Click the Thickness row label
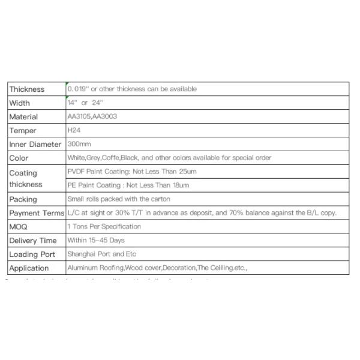point(27,89)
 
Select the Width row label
point(20,103)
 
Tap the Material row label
point(24,117)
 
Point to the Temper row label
point(23,131)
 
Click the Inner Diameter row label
point(35,145)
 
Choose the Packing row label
point(23,199)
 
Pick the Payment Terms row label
point(37,213)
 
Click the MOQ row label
point(18,227)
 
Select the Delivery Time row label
point(33,241)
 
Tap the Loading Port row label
point(32,254)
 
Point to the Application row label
point(29,268)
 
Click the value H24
point(74,130)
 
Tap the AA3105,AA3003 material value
point(92,116)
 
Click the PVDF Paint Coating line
point(132,172)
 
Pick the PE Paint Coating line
point(128,185)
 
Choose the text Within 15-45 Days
point(96,240)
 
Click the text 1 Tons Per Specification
point(104,226)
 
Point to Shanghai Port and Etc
point(102,254)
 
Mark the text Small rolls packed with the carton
point(119,199)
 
